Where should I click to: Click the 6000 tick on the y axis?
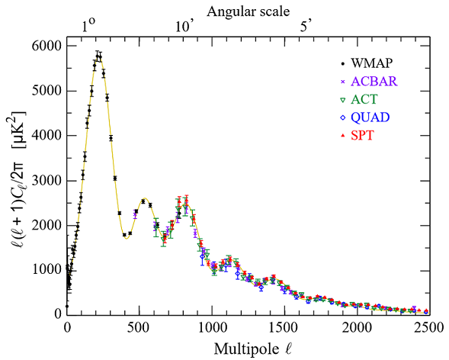click(x=45, y=46)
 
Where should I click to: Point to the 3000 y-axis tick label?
click(x=45, y=180)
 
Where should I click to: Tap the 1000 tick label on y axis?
click(x=45, y=269)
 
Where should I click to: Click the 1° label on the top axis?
click(x=88, y=26)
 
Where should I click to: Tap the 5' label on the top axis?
click(x=305, y=26)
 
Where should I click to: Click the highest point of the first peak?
click(x=98, y=54)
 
